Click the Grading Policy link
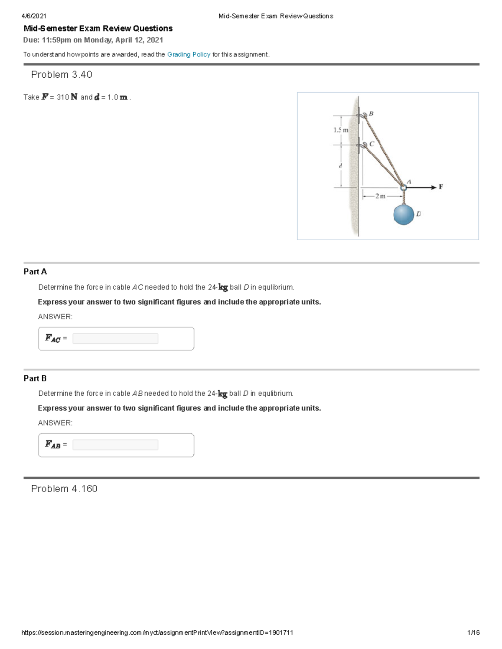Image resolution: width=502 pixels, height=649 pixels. [189, 54]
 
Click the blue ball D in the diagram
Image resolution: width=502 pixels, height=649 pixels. [404, 214]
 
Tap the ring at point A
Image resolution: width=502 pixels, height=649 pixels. [403, 188]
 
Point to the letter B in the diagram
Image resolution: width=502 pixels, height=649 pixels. [371, 113]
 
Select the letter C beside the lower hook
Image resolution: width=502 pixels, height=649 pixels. [372, 143]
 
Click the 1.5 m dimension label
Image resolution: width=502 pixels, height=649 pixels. [341, 130]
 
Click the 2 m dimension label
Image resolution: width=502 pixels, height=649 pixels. [380, 196]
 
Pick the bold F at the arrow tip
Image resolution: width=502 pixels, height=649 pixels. [441, 187]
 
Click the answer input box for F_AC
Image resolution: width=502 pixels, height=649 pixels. [115, 338]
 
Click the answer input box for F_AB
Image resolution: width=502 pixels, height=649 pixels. [115, 445]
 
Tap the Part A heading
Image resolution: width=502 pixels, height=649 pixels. [35, 272]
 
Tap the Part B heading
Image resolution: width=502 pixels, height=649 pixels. [35, 378]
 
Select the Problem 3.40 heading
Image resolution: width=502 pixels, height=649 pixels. [61, 74]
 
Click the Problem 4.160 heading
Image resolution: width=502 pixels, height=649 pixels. [64, 489]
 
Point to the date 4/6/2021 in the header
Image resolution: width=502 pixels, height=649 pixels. [34, 16]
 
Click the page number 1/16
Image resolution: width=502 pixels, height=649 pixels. [473, 632]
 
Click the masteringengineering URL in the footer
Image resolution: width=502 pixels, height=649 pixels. [157, 632]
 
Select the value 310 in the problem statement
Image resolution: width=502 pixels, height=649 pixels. [63, 97]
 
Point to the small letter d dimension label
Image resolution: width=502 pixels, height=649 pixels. [341, 165]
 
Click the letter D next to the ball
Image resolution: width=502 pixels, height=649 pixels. [419, 214]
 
